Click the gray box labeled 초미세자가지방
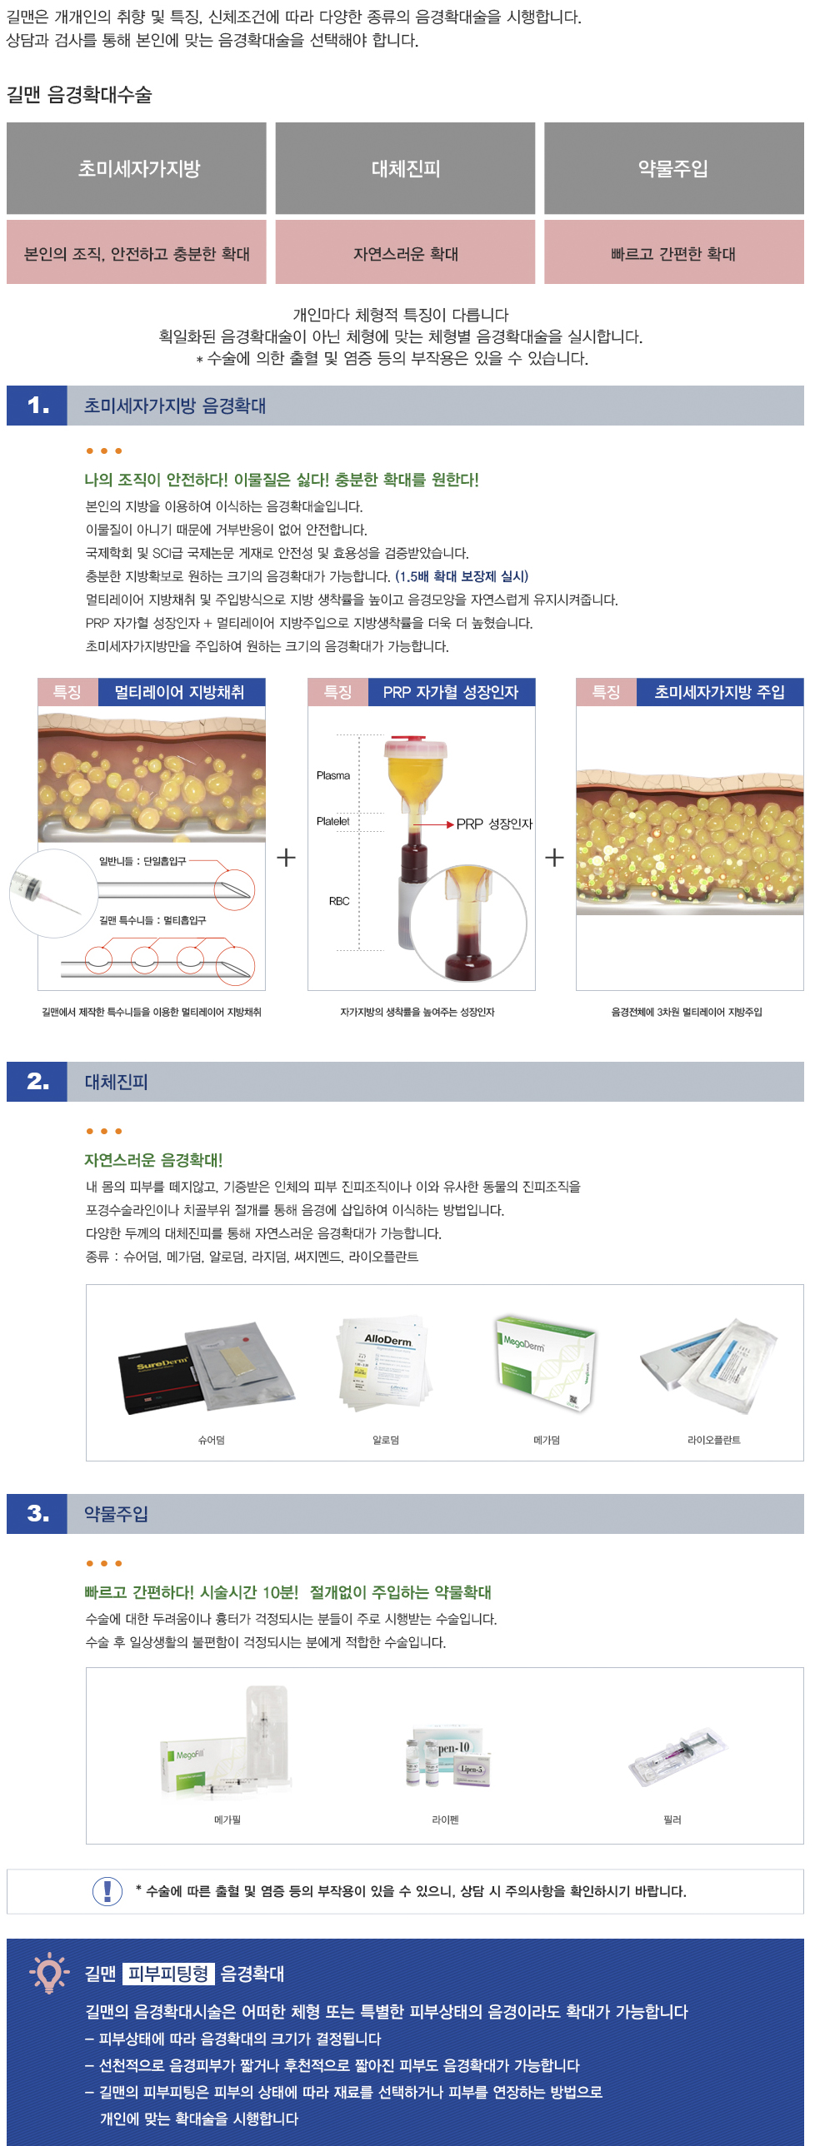tap(137, 168)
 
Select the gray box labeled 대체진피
tap(405, 168)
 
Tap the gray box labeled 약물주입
tap(673, 168)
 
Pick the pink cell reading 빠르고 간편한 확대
tap(673, 253)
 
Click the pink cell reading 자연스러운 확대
tap(405, 253)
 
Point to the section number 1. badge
tap(37, 406)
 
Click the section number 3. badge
tap(37, 1514)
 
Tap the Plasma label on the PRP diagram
tap(333, 775)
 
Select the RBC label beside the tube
tap(339, 901)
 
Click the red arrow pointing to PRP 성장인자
tap(432, 824)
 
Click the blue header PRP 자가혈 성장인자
tap(451, 692)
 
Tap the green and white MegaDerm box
tap(547, 1363)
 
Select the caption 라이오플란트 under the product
tap(713, 1440)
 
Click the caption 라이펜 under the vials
tap(445, 1820)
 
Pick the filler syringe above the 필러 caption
tap(677, 1757)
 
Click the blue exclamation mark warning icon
tap(107, 1890)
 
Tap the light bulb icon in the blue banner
tap(48, 1972)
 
